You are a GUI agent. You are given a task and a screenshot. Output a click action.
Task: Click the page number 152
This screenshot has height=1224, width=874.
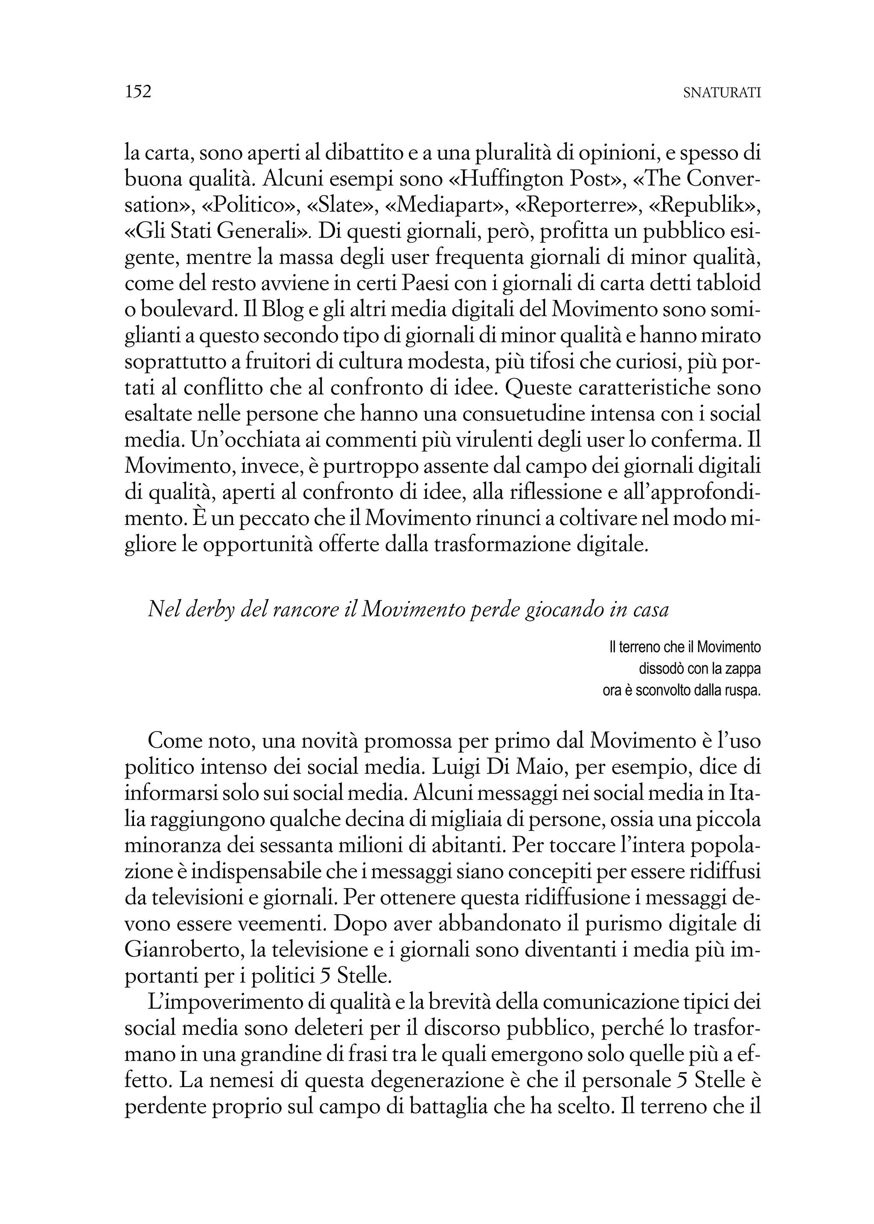click(138, 91)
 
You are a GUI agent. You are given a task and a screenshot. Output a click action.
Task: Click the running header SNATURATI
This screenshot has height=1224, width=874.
click(721, 93)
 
